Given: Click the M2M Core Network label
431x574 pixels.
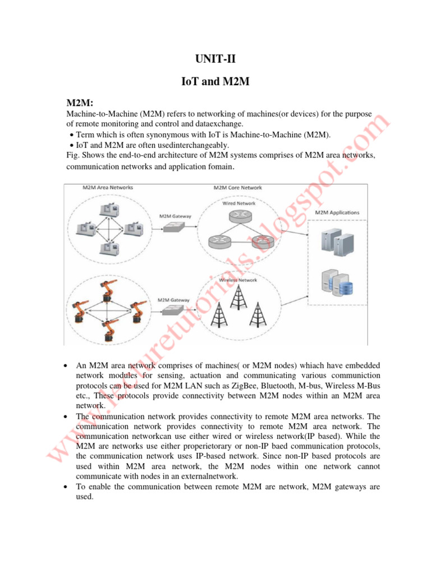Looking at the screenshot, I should (x=238, y=187).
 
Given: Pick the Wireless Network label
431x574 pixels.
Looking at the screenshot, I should (x=238, y=280).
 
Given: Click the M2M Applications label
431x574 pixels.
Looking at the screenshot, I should (x=337, y=212).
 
